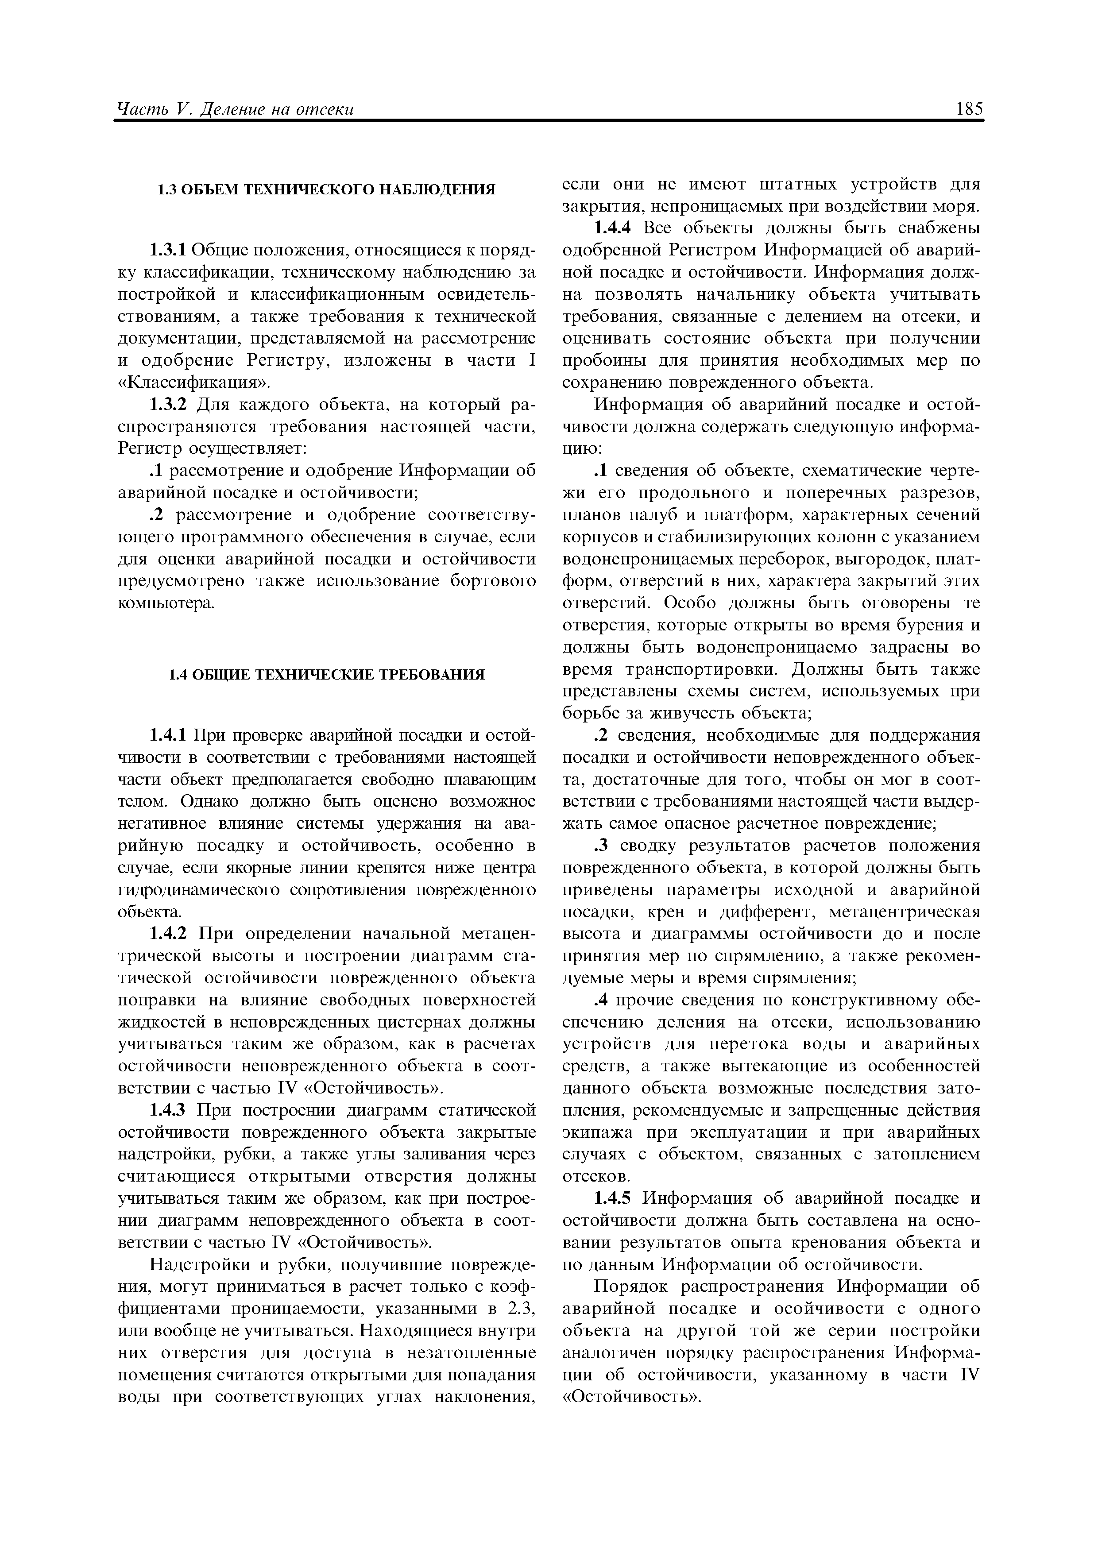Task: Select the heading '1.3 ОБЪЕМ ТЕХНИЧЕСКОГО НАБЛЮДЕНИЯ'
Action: pos(326,190)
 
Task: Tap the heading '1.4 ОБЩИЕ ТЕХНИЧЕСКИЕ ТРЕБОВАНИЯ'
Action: pos(326,674)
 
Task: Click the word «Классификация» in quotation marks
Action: pos(193,383)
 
